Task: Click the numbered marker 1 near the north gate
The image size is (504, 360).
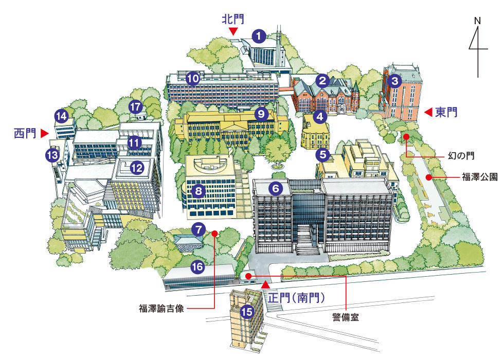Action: click(x=259, y=36)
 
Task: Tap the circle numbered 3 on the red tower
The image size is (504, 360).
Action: click(x=394, y=80)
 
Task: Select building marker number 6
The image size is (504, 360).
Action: click(x=276, y=189)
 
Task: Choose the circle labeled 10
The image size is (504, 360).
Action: click(x=193, y=79)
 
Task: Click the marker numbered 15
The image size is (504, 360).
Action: click(x=247, y=311)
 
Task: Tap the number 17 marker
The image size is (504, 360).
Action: click(x=135, y=107)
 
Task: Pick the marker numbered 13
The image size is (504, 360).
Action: click(x=52, y=154)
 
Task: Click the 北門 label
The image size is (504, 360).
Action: click(x=233, y=20)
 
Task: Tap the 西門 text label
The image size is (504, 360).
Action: click(x=25, y=134)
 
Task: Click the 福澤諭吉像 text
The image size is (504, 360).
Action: click(x=161, y=309)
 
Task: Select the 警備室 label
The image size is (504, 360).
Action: click(x=345, y=317)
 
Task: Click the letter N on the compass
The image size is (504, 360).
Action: click(x=478, y=21)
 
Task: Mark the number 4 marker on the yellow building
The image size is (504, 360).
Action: click(x=320, y=117)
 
